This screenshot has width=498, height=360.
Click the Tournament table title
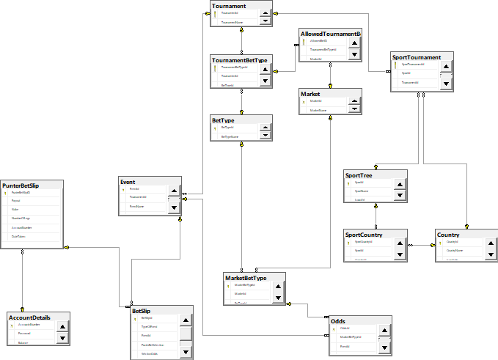[229, 6]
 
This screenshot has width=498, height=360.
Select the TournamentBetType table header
[239, 60]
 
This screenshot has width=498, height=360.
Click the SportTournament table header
[417, 57]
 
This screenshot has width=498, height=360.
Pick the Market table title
[311, 94]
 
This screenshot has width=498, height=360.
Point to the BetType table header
[223, 120]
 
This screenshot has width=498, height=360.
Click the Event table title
[129, 180]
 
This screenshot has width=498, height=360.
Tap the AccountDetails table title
[30, 317]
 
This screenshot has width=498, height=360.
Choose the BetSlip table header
[142, 311]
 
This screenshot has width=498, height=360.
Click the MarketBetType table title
[245, 277]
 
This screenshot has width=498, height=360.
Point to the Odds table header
[338, 321]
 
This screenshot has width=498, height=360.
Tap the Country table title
[450, 235]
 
